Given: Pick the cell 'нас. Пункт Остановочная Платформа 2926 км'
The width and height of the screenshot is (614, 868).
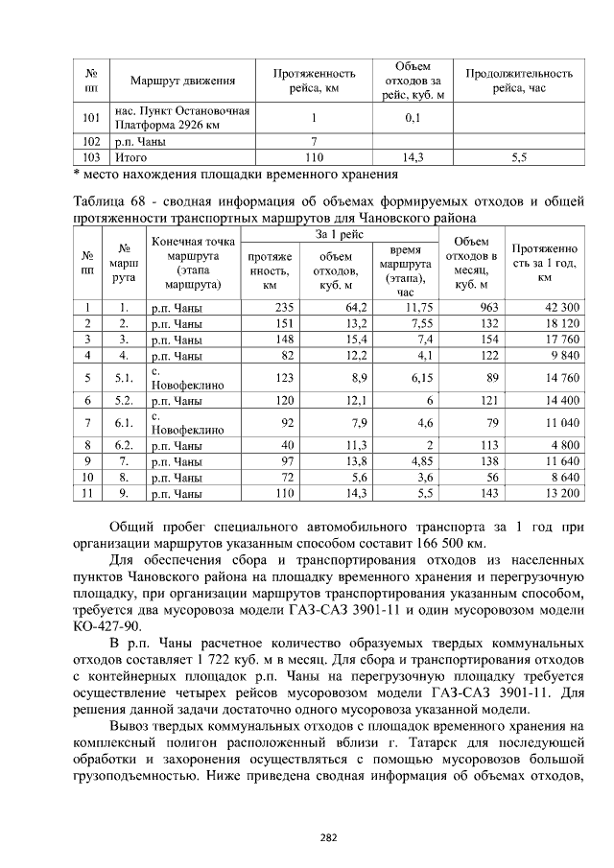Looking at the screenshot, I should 182,118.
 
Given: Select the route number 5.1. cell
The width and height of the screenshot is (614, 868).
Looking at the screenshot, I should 124,378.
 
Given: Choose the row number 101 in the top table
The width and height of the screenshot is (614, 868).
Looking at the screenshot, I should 92,118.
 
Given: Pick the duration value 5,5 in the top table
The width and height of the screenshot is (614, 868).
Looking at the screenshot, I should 519,156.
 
